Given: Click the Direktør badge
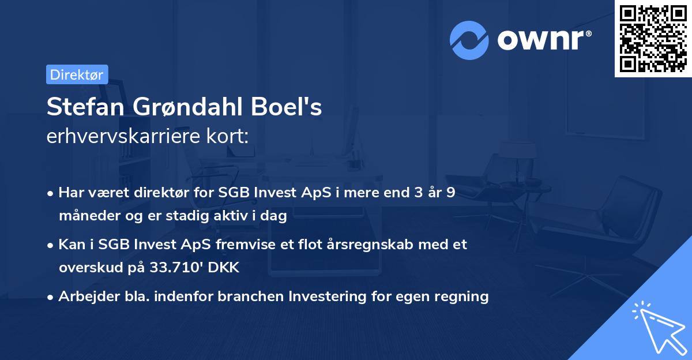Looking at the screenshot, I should pyautogui.click(x=77, y=74).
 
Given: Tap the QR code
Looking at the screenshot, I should pyautogui.click(x=653, y=39).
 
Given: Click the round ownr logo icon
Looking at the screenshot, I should pyautogui.click(x=469, y=40).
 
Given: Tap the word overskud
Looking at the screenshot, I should pyautogui.click(x=86, y=268).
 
